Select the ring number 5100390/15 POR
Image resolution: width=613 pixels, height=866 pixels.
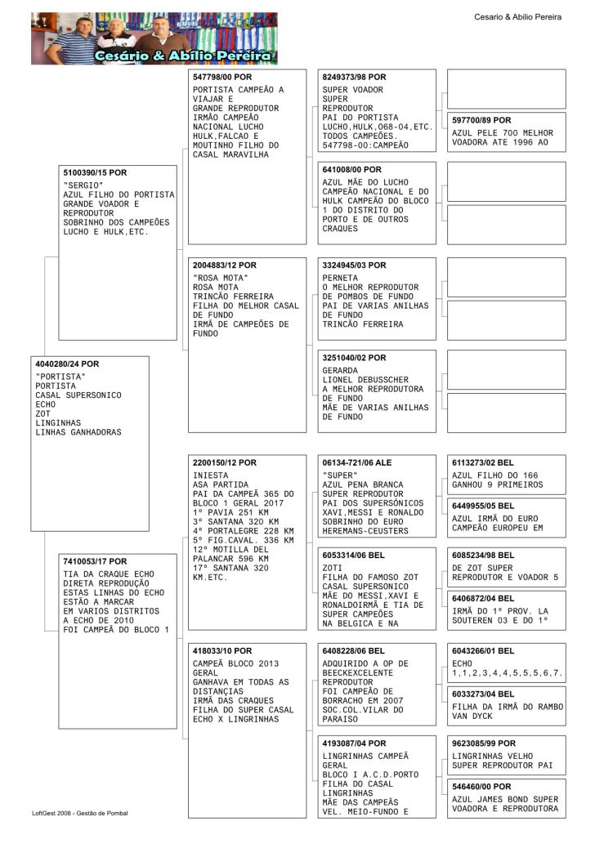[95, 173]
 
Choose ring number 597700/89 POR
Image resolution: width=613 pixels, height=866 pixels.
[481, 120]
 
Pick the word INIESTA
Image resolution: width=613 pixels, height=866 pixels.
[211, 475]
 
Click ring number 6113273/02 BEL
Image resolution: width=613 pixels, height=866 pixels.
[483, 463]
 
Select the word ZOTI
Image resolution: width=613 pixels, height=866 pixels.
[333, 567]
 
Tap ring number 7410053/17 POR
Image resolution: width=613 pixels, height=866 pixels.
[95, 562]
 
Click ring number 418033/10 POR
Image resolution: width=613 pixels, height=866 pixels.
[222, 651]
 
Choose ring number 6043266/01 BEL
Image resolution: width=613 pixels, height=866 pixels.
[483, 651]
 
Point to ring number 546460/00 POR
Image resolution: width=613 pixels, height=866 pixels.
[481, 787]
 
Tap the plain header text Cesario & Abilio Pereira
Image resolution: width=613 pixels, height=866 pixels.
[517, 17]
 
